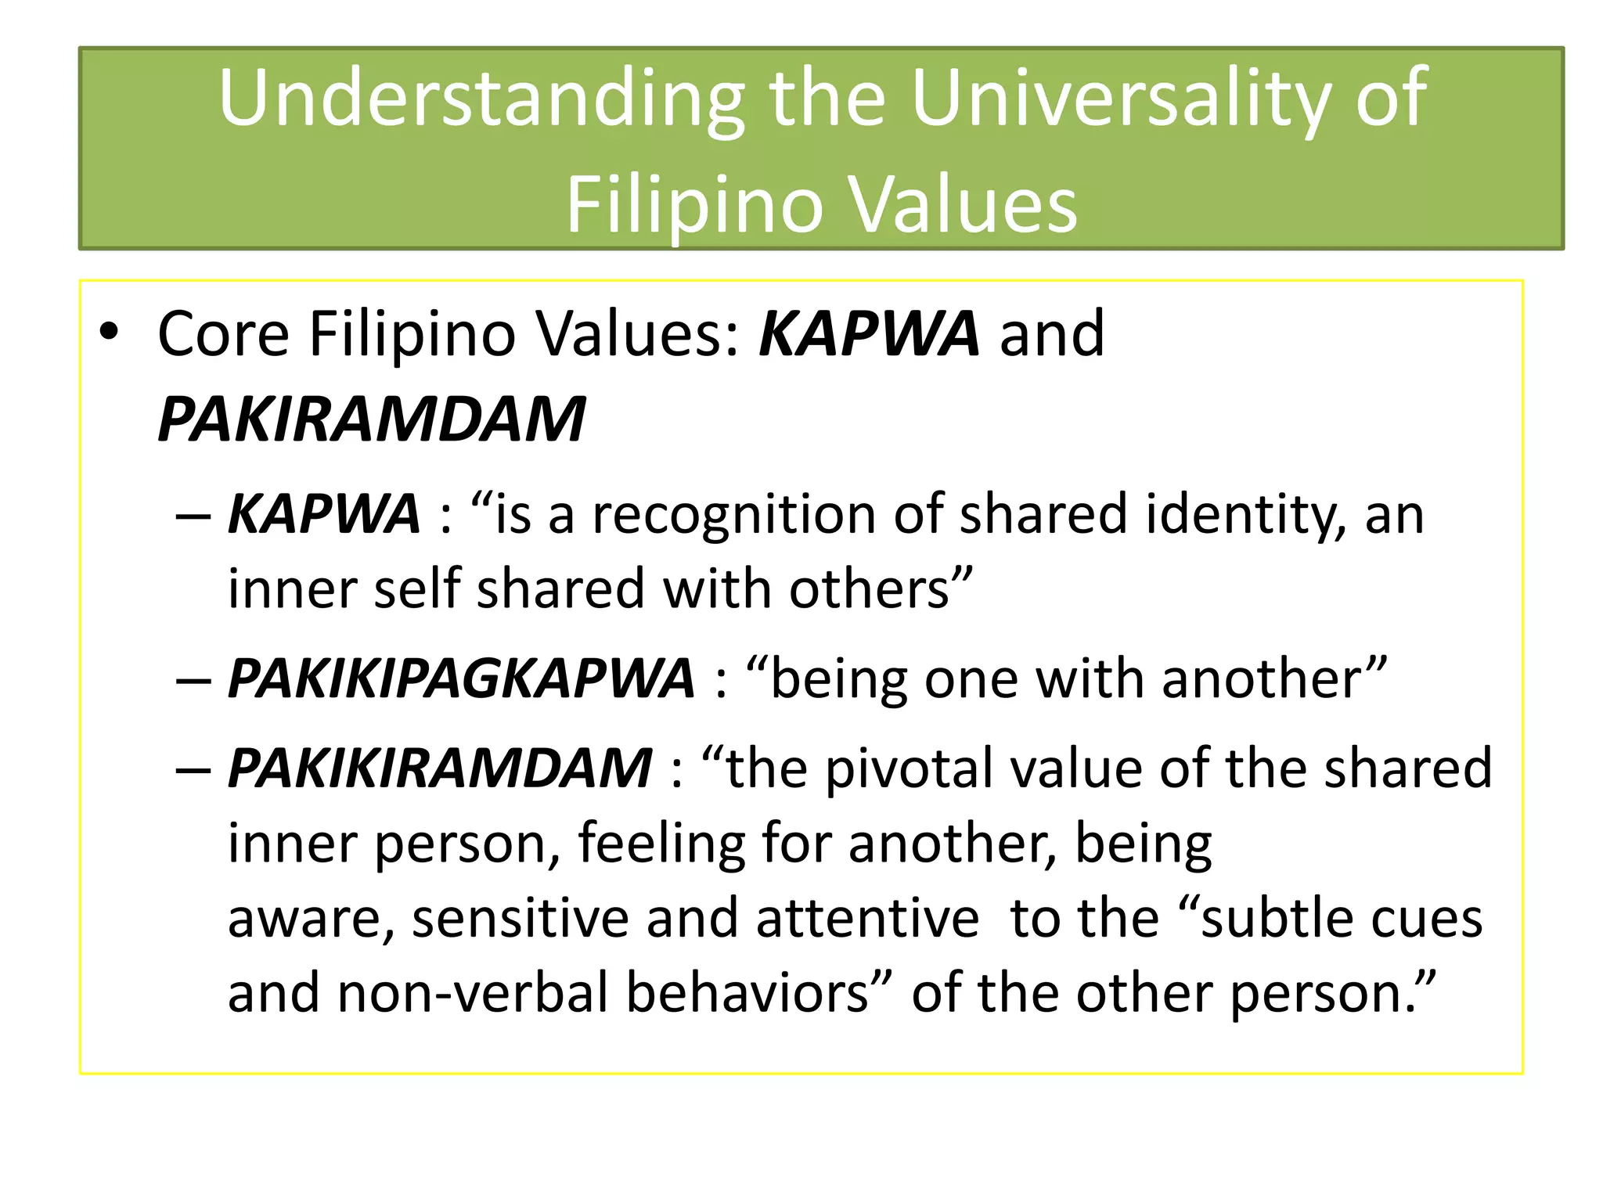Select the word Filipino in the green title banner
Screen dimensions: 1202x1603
[694, 205]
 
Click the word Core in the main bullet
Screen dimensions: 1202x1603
[223, 334]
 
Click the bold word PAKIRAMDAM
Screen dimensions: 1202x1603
[371, 419]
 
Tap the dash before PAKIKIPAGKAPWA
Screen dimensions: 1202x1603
[193, 679]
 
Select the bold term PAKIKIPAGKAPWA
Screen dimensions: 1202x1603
[461, 678]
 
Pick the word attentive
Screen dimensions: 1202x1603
[867, 919]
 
